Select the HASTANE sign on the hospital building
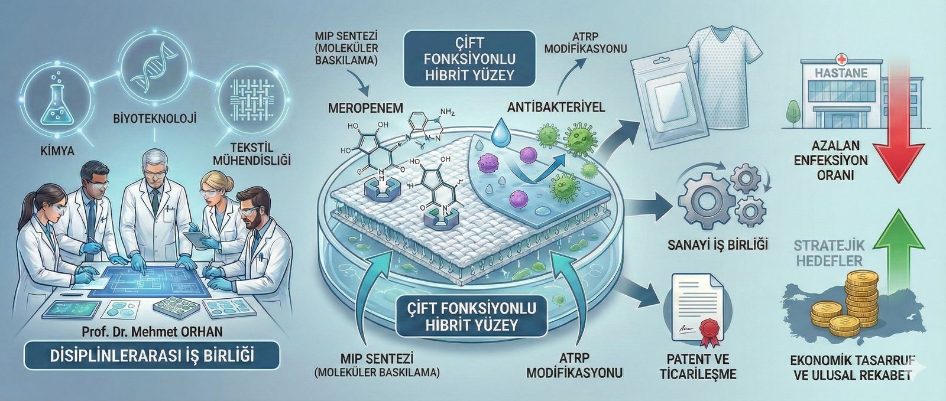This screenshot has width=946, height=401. [832, 74]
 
